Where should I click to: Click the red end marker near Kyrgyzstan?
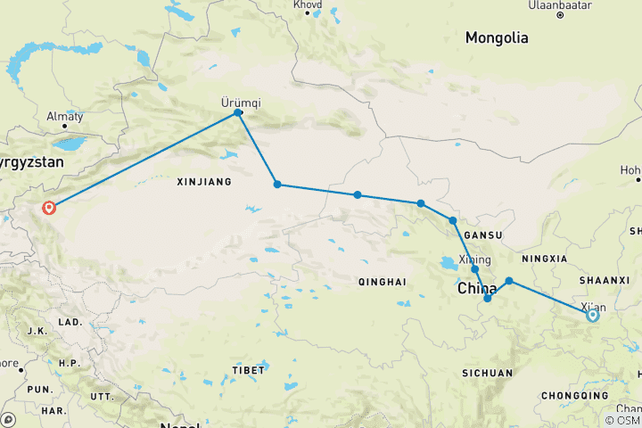[49, 208]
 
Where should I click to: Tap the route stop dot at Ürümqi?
[238, 112]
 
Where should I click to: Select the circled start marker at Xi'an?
[592, 315]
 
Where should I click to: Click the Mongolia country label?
[497, 37]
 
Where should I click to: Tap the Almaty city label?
[65, 117]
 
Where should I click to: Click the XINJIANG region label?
[204, 181]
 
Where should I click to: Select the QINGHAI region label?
[382, 281]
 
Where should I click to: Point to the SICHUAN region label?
[488, 373]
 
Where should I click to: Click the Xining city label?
[474, 259]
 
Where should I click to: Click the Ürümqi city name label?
[239, 101]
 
